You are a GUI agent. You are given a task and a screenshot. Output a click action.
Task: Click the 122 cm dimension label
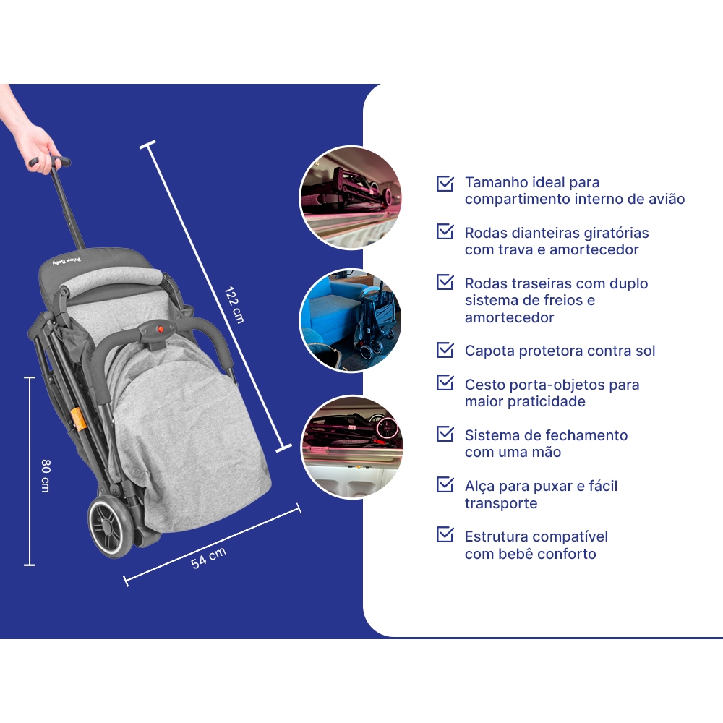tap(234, 305)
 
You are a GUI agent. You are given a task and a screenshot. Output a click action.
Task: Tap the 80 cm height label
tap(46, 476)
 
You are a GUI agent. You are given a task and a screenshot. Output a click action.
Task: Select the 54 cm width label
tap(208, 557)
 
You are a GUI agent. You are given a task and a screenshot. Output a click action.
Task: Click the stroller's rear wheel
tap(111, 527)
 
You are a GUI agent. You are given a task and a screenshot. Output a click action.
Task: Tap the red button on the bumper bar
tap(161, 329)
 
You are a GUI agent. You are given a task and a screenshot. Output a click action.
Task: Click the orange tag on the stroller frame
tap(79, 419)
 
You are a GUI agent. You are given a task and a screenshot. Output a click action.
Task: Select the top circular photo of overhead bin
tap(351, 197)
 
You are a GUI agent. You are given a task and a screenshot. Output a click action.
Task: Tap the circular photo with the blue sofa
tap(351, 320)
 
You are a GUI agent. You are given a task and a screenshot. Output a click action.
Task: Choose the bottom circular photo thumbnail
tap(352, 447)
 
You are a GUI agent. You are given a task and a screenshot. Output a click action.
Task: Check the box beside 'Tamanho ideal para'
tap(445, 183)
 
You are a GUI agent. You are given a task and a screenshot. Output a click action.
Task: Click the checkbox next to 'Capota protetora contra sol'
tap(445, 350)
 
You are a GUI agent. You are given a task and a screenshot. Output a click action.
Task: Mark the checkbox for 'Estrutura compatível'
tap(445, 534)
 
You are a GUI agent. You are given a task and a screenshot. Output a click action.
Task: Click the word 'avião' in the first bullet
tap(666, 199)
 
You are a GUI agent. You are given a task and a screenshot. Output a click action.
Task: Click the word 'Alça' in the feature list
tap(480, 487)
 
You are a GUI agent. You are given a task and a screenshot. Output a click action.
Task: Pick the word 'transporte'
tap(501, 503)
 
